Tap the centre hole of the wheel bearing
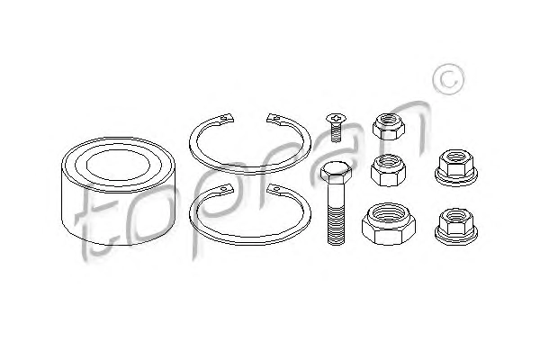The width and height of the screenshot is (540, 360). click(119, 166)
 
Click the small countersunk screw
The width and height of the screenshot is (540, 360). click(336, 128)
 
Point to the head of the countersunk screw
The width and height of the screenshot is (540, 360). click(336, 119)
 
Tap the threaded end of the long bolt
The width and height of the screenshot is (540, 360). click(336, 224)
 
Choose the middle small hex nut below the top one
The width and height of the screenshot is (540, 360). click(388, 170)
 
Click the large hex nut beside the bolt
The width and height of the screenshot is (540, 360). click(389, 224)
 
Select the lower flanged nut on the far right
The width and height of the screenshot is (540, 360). click(456, 226)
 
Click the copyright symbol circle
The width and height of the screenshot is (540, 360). click(448, 79)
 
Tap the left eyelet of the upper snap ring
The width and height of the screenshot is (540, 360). click(226, 118)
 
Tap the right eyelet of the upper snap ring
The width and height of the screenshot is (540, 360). click(274, 119)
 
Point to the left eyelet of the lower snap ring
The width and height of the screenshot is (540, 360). click(225, 189)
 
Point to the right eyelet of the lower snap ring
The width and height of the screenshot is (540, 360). click(274, 189)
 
